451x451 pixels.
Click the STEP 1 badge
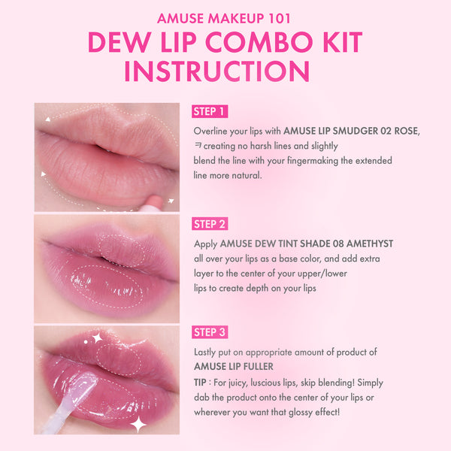210,112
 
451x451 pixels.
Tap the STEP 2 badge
210,224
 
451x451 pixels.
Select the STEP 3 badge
210,332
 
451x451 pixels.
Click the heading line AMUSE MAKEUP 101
225,18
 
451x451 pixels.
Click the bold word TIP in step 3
201,382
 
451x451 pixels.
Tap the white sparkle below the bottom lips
138,425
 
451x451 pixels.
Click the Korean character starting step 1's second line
197,146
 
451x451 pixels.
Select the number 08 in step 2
329,244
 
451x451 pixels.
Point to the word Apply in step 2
205,244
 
